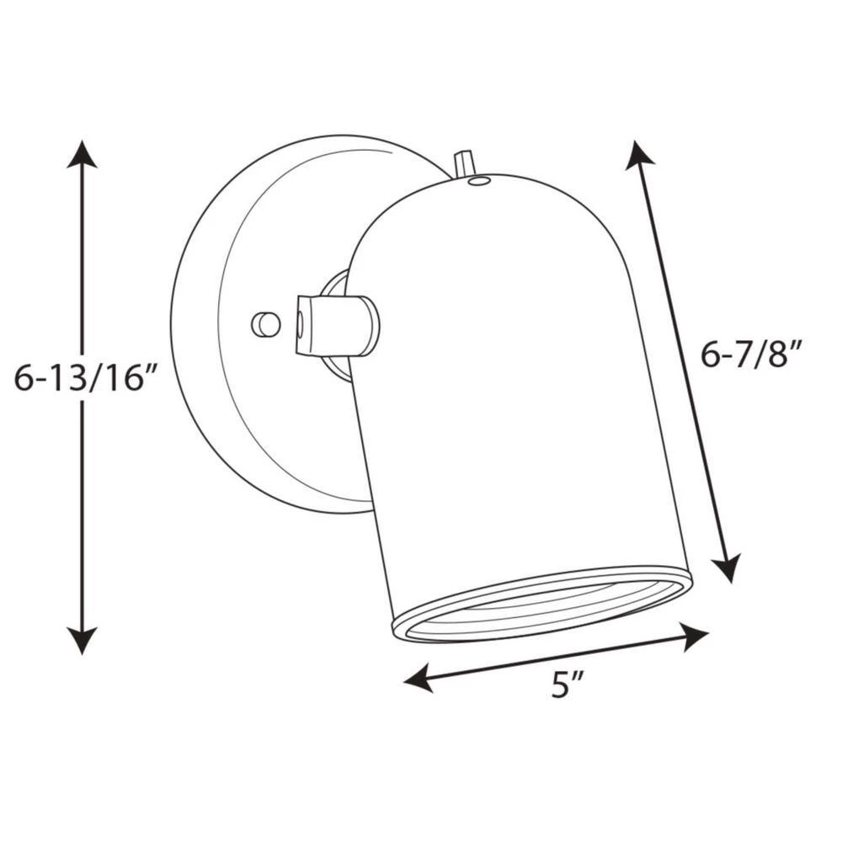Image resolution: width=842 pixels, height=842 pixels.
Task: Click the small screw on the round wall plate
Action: point(264,322)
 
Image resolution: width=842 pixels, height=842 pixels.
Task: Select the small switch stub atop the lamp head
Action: point(462,164)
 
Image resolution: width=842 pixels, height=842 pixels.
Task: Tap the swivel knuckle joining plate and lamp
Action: point(337,324)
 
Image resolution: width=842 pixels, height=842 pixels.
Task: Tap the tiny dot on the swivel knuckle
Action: point(301,321)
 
